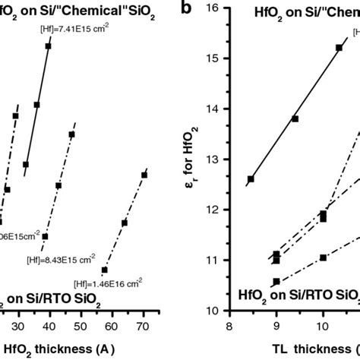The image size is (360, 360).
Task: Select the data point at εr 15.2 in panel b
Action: click(339, 48)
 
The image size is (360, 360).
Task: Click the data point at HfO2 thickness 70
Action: click(144, 175)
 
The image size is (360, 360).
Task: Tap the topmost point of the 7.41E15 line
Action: click(48, 46)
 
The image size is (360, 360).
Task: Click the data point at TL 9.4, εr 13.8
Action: click(295, 118)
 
